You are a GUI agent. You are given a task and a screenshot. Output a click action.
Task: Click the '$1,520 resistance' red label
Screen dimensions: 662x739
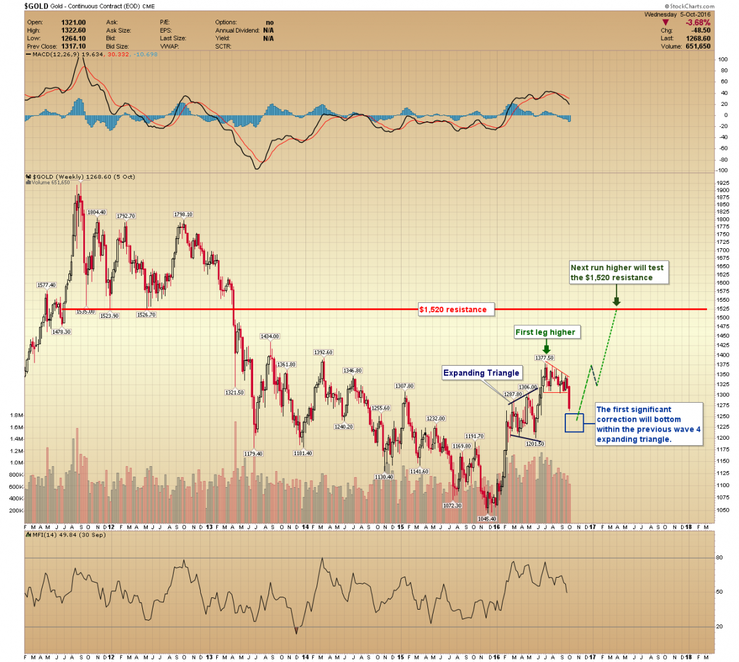(x=453, y=309)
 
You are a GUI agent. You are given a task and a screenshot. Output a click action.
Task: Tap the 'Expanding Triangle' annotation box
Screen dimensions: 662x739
(x=482, y=373)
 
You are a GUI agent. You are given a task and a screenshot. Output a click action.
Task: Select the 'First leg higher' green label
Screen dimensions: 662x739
(x=545, y=332)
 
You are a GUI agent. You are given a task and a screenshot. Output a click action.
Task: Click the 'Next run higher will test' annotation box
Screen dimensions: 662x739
(x=617, y=272)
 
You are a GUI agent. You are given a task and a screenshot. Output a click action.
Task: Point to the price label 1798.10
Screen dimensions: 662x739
(x=183, y=214)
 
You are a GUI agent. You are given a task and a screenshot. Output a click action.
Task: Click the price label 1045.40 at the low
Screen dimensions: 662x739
(x=487, y=519)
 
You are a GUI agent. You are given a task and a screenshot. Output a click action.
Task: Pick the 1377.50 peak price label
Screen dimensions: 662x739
(x=544, y=358)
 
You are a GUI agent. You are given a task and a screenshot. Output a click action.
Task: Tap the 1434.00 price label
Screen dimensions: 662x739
(x=269, y=336)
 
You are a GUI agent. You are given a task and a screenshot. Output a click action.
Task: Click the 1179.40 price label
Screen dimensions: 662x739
(x=252, y=454)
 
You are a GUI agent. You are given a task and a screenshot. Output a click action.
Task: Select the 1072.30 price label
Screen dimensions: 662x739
(x=452, y=506)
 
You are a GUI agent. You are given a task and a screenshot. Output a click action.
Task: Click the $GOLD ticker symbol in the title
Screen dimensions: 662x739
(x=36, y=6)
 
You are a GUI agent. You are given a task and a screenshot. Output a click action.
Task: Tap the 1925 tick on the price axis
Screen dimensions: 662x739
(x=723, y=183)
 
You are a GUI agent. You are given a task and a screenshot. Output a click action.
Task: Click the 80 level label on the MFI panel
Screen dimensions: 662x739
(x=719, y=557)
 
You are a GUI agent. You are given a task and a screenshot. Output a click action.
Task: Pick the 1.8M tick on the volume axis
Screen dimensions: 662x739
(x=17, y=415)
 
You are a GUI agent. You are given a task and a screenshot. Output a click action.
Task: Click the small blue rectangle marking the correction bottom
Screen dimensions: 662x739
(x=574, y=422)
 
